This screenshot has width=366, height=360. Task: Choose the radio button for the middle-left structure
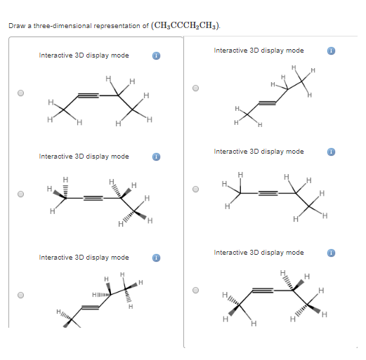tap(21, 194)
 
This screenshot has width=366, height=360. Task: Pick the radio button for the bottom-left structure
tap(21, 295)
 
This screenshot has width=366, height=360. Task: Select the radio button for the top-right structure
tap(196, 88)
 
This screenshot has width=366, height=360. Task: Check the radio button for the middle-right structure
tap(196, 189)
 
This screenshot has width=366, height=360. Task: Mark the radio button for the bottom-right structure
tap(196, 290)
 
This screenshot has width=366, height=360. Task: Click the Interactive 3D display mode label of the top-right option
tap(259, 51)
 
